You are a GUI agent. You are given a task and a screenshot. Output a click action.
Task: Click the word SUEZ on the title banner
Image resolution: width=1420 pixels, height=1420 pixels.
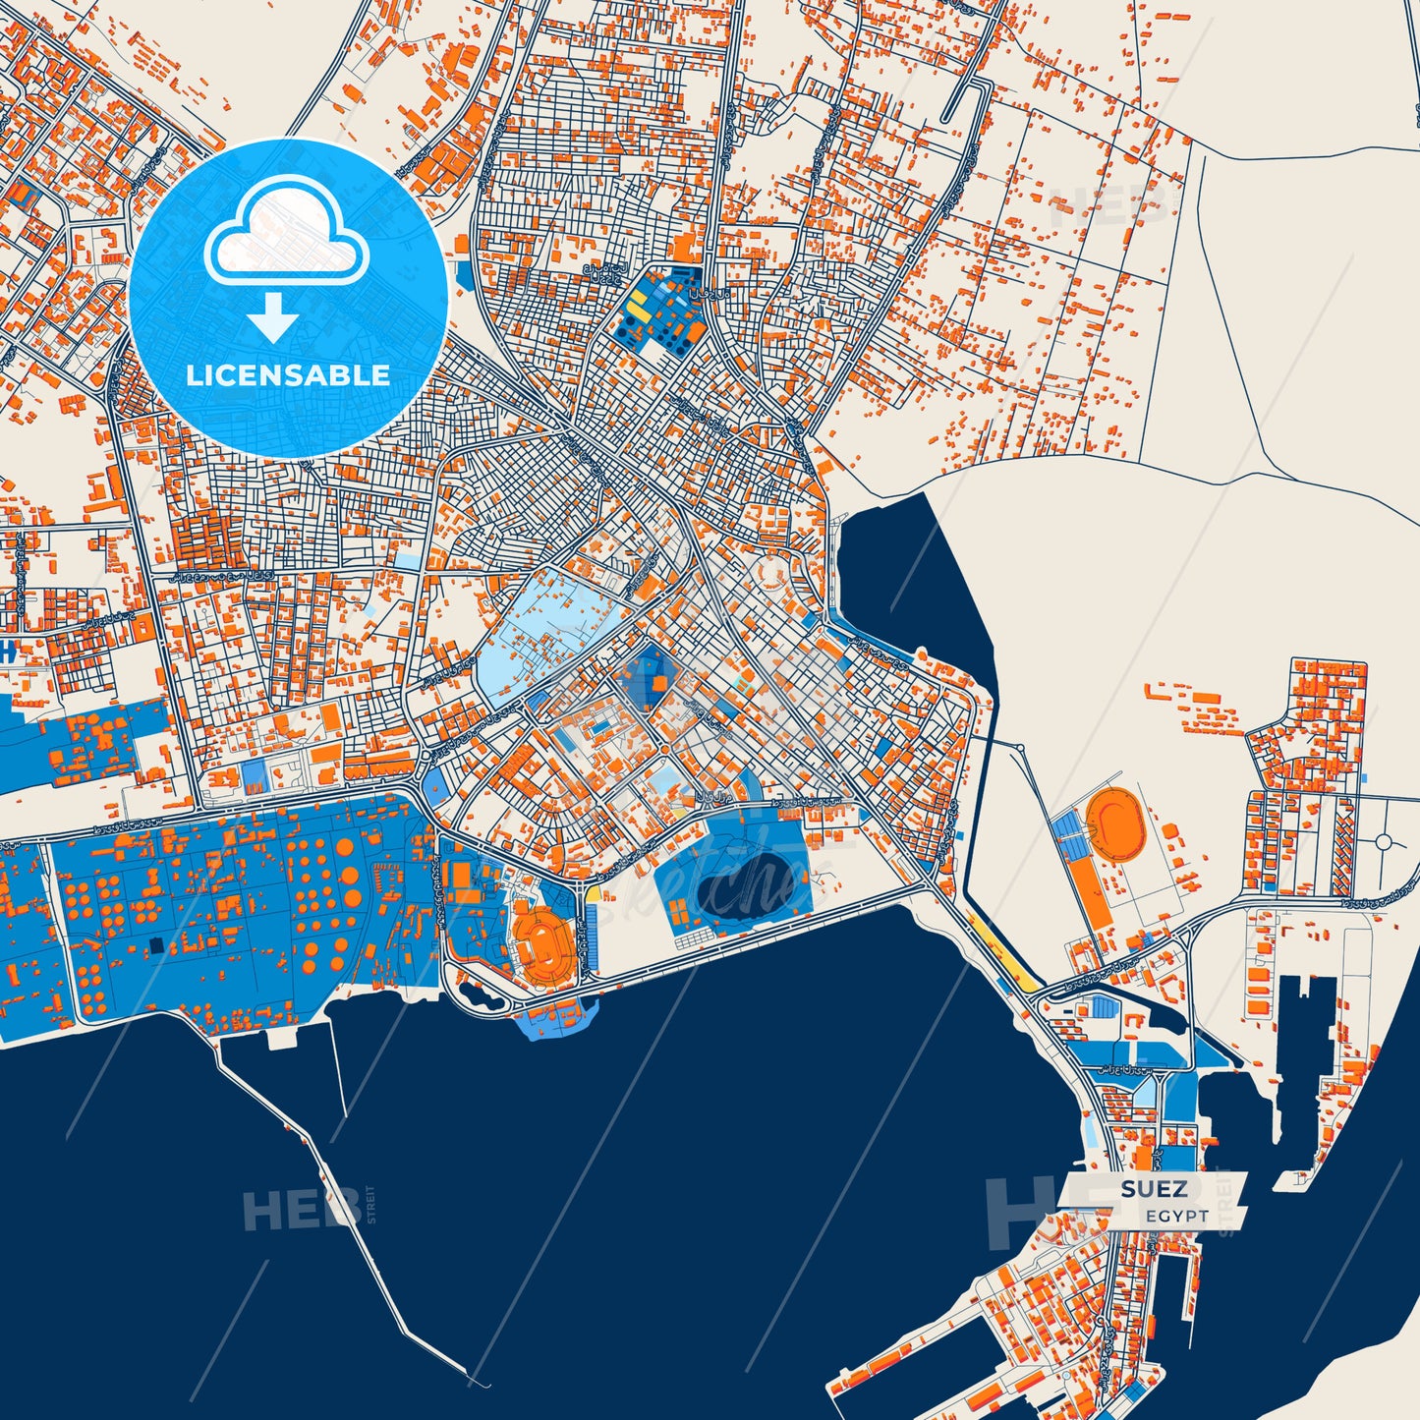point(1154,1189)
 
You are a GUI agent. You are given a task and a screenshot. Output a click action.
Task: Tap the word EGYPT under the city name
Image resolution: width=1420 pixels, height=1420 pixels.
point(1177,1217)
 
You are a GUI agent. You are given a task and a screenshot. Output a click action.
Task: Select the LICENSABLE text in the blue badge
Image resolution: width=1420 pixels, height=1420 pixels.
point(288,374)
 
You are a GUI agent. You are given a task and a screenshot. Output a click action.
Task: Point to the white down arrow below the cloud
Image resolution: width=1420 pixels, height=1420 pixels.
point(273,317)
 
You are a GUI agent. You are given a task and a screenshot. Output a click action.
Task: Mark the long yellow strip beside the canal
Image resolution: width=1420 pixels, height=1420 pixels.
point(1002,953)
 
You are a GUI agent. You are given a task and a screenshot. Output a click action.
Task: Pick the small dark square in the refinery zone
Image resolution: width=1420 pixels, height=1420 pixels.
point(155,945)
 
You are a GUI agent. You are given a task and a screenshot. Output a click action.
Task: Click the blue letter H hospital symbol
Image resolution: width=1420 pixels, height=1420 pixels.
point(7,650)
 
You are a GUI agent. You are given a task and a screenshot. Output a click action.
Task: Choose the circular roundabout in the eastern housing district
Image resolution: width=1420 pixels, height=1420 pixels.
point(1385,842)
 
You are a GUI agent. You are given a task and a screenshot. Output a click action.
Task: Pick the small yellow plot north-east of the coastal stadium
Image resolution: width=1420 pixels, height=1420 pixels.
point(595,895)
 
